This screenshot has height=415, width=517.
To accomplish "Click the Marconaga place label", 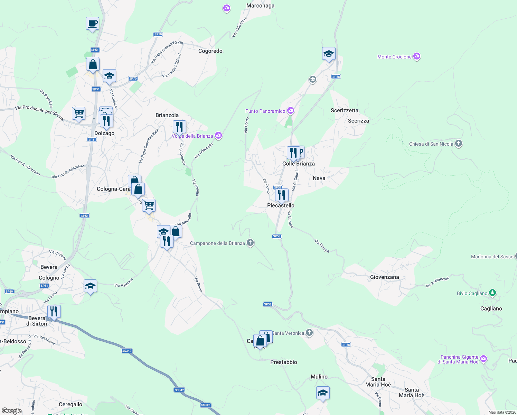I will click(x=260, y=6).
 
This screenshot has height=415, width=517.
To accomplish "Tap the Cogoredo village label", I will click(x=210, y=51).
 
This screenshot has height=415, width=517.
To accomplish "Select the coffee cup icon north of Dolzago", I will click(x=92, y=24).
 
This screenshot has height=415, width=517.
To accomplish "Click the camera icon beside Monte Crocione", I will click(x=417, y=56).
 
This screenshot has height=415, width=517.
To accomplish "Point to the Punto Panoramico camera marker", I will click(x=291, y=111).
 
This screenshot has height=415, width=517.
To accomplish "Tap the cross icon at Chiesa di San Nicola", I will click(x=459, y=144).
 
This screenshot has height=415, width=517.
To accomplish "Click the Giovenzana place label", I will click(x=384, y=277).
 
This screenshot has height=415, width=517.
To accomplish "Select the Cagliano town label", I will click(x=491, y=308).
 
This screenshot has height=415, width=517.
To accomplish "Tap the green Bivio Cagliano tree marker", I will click(x=492, y=293).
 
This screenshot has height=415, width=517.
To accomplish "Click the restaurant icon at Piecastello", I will click(x=282, y=195).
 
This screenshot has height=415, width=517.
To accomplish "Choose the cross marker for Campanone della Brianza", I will click(x=250, y=243).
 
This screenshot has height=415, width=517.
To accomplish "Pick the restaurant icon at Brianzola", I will click(x=179, y=127).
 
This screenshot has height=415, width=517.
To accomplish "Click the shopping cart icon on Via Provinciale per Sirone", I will click(x=79, y=113).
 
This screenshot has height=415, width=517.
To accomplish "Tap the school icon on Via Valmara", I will click(x=90, y=286).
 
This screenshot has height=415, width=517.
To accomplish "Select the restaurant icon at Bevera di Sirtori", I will click(x=54, y=311).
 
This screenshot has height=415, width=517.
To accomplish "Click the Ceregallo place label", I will click(x=70, y=404).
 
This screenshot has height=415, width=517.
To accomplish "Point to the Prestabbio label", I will click(x=283, y=362).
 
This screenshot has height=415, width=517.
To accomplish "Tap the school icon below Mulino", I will click(x=323, y=393).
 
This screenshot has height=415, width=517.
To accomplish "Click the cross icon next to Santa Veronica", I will click(x=309, y=333).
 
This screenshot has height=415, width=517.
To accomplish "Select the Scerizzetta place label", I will click(x=344, y=110).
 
